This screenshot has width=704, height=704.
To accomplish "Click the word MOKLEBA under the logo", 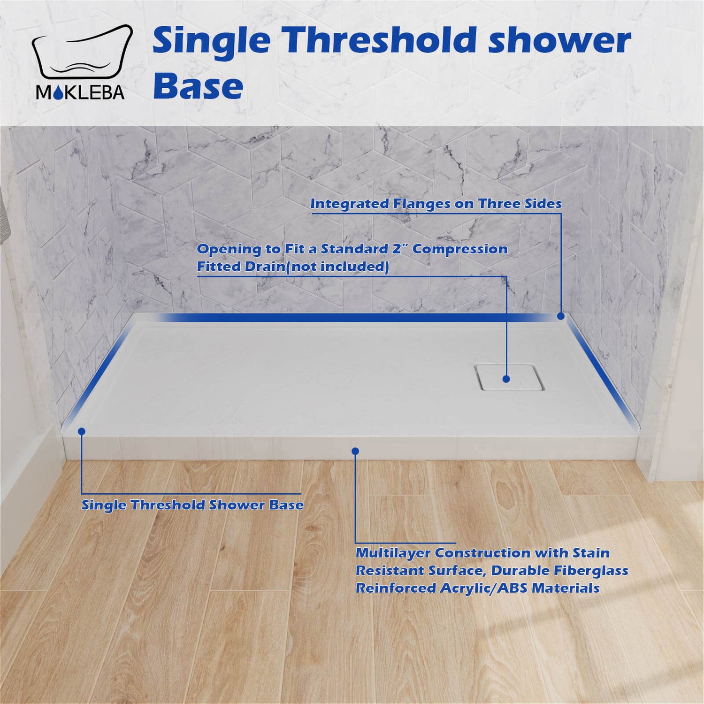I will click(x=80, y=92).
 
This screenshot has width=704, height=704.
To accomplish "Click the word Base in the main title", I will click(x=198, y=86).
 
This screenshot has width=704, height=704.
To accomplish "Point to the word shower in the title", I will click(x=559, y=41).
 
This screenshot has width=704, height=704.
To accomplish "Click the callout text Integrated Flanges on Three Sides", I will click(x=436, y=204).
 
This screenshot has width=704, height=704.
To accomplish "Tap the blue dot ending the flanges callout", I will click(x=560, y=316).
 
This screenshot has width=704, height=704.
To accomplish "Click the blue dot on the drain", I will click(x=506, y=379).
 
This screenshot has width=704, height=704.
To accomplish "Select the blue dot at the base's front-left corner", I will click(x=82, y=431).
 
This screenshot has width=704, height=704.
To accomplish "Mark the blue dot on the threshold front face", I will click(x=355, y=451).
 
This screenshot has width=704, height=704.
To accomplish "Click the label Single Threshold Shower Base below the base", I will click(x=192, y=505).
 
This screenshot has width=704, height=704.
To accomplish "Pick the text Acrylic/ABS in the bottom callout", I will click(x=483, y=588).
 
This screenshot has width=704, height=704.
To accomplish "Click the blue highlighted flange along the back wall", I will click(x=357, y=318).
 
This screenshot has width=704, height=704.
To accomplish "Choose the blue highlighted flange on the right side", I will click(x=603, y=373).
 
